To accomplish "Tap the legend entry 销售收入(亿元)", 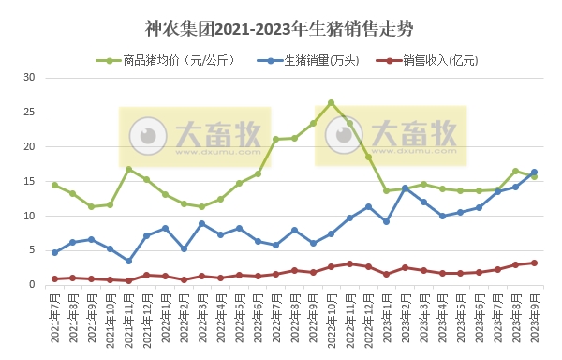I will [x=432, y=61].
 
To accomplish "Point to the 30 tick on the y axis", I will [x=29, y=78].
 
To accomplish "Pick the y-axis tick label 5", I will [x=32, y=250].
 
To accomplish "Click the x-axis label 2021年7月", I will [x=54, y=319].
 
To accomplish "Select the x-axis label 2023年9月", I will [x=534, y=319].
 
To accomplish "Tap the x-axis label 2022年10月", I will [x=331, y=319].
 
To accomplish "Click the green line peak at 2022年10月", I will [x=331, y=102].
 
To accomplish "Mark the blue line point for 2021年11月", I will [x=128, y=261].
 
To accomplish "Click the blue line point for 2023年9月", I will [x=534, y=172].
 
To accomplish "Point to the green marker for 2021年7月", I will [x=54, y=185].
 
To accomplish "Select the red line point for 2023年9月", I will [x=534, y=262].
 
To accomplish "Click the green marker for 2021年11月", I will [x=128, y=169].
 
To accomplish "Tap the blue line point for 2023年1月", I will [x=386, y=221].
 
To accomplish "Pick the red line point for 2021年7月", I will [x=54, y=278].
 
